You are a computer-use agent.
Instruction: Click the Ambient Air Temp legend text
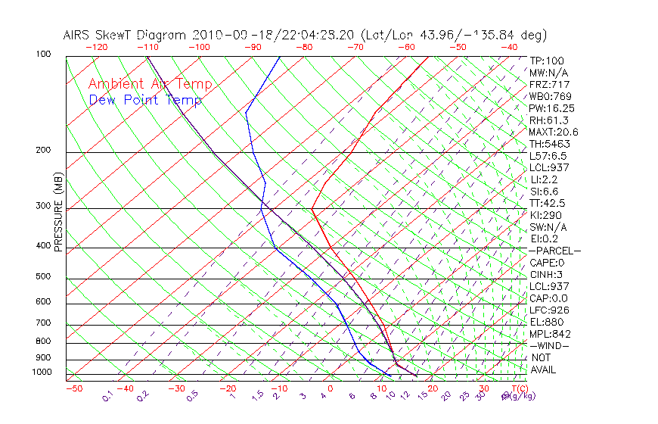point(150,84)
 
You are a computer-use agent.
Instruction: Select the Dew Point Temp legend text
point(145,100)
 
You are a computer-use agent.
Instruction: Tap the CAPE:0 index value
point(547,263)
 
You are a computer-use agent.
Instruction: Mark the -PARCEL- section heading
point(554,251)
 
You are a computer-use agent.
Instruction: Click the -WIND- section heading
point(550,346)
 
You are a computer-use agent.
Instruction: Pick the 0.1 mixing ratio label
point(107,396)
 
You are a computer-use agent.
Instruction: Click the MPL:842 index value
point(550,334)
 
